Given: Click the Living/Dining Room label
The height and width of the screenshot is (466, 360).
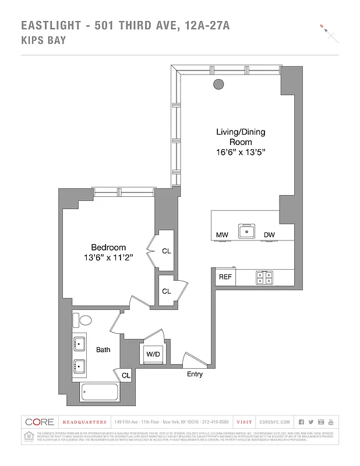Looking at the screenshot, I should coord(240,137).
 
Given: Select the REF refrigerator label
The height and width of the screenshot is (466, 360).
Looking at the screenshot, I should coord(225,277).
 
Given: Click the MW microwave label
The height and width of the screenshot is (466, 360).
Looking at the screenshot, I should coord(221,235).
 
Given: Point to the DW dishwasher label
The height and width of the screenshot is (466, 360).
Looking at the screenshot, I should coord(269,235).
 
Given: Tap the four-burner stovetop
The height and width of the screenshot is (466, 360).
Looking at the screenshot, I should coord(264,278).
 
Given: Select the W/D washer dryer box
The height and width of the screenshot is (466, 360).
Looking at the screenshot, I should coord(153,354).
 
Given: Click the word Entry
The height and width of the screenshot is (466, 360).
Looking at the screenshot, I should coord(195,374).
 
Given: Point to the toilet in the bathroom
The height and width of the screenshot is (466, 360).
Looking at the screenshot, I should coord(85,320).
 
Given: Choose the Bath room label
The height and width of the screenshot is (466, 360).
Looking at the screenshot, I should coord(103,349).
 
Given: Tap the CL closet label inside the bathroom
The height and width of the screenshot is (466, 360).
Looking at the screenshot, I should coord(126,376).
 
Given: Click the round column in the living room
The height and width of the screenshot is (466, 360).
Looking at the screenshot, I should coord(218,84).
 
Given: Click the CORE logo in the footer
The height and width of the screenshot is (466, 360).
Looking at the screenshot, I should coord(38,422).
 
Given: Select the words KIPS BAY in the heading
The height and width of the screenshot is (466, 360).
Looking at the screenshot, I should coord(44,40).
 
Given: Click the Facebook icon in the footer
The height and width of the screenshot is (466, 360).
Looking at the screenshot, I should coord(301,422).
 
